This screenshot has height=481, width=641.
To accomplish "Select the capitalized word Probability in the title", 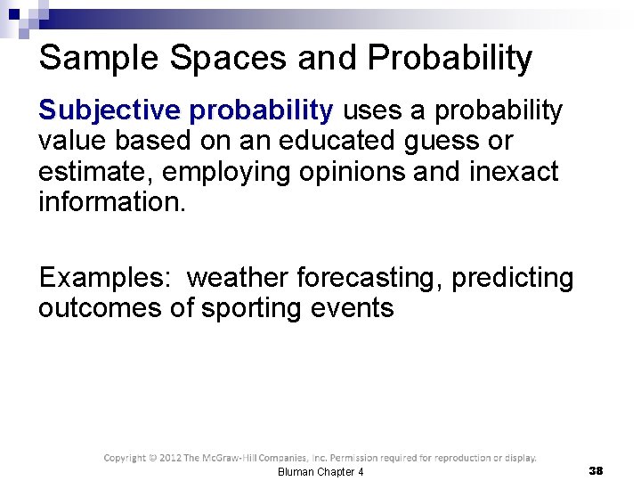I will coord(450,59).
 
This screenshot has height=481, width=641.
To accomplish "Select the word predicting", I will coord(513,278).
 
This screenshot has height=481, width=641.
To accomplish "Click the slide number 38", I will coord(596,470).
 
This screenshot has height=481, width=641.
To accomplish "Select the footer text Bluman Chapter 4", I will coord(320,471).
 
